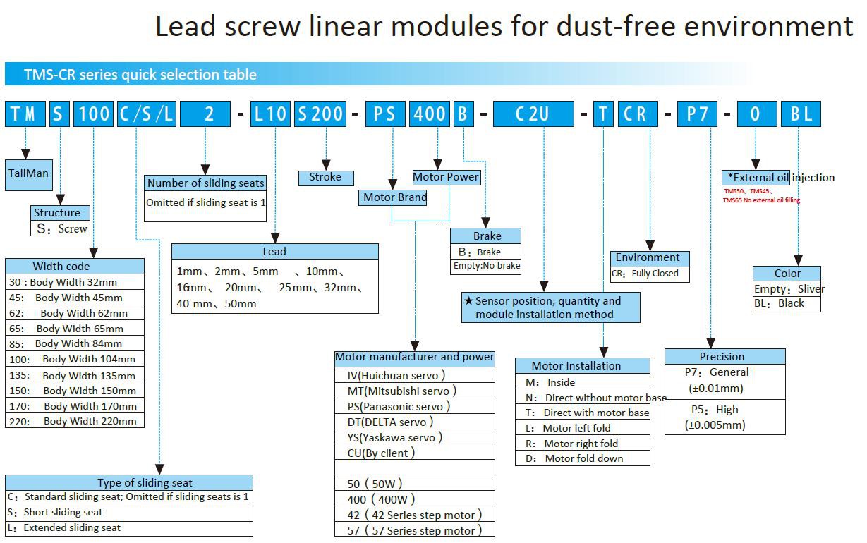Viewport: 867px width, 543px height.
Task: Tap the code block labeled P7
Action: [697, 114]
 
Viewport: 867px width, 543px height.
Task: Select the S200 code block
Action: [320, 114]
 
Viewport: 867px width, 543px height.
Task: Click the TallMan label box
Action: [28, 173]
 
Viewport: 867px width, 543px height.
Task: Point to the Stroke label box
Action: [325, 178]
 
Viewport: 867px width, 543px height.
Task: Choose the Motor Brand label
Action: [394, 197]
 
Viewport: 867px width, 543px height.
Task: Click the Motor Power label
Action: [446, 177]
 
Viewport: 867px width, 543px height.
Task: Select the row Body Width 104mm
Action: [75, 359]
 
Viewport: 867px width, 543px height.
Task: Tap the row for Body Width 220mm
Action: [75, 421]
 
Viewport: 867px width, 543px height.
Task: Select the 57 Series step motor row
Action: [413, 530]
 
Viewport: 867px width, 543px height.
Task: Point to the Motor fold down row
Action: [582, 458]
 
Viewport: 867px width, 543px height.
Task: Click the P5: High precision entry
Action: [715, 417]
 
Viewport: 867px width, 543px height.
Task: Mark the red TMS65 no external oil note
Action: [761, 200]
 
